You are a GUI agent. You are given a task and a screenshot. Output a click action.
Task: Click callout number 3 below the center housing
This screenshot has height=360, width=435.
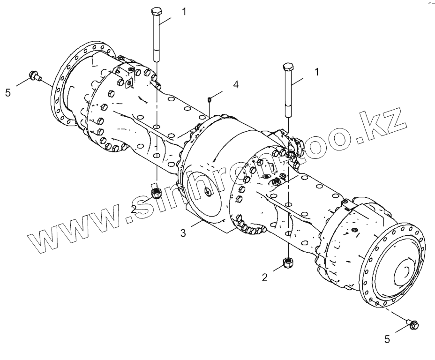click(183, 232)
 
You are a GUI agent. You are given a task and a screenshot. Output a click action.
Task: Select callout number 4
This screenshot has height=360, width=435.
click(236, 84)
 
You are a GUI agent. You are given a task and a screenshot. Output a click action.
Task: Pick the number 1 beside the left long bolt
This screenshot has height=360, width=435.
click(184, 11)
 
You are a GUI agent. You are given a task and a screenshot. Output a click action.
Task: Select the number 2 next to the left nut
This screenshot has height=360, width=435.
click(134, 209)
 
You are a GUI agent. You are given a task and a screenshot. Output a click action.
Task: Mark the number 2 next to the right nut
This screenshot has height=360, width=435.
click(265, 277)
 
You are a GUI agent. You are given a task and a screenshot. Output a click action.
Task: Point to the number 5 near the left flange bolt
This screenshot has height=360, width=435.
click(8, 93)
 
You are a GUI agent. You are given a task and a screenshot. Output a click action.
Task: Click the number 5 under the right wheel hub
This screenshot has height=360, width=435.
click(387, 339)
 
